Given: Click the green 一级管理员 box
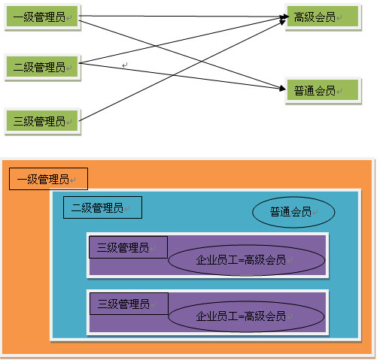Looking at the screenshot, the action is pyautogui.click(x=42, y=17).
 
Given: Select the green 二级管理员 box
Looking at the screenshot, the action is pyautogui.click(x=42, y=67).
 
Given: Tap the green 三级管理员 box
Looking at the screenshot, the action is pyautogui.click(x=42, y=121).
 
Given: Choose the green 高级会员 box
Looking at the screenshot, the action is pyautogui.click(x=323, y=17).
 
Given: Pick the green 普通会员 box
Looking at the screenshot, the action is pyautogui.click(x=323, y=90).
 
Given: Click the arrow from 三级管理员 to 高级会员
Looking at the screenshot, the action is pyautogui.click(x=182, y=71).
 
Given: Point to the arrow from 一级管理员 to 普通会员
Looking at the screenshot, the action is pyautogui.click(x=182, y=55).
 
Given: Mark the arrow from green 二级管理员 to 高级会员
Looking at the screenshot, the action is pyautogui.click(x=182, y=40).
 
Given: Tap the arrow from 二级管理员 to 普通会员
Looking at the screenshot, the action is pyautogui.click(x=182, y=76).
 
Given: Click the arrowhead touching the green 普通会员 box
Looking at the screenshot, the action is pyautogui.click(x=282, y=88).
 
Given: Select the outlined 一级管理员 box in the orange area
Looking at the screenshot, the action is pyautogui.click(x=48, y=179).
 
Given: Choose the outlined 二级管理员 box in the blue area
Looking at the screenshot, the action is pyautogui.click(x=102, y=207).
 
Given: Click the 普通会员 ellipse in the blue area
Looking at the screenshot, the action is pyautogui.click(x=293, y=212).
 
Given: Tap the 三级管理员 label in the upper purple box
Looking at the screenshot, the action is pyautogui.click(x=123, y=247).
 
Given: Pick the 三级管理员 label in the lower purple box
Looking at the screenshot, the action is pyautogui.click(x=123, y=304).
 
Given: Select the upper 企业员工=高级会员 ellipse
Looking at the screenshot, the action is pyautogui.click(x=247, y=260).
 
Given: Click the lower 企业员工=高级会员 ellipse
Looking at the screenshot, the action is pyautogui.click(x=247, y=316).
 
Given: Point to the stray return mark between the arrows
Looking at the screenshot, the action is pyautogui.click(x=125, y=65).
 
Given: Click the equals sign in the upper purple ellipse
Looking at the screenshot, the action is pyautogui.click(x=242, y=261).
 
